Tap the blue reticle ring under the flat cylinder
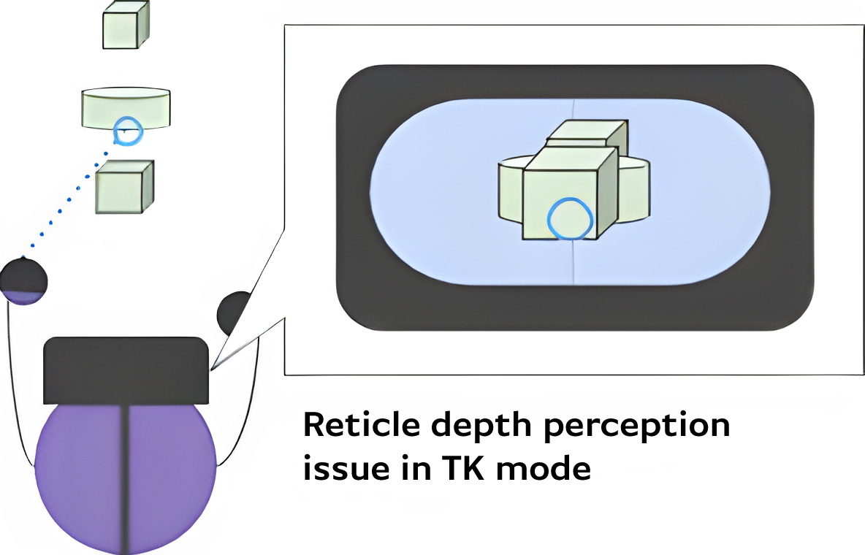pyautogui.click(x=126, y=133)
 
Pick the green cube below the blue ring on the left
pyautogui.click(x=124, y=187)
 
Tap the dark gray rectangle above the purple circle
pyautogui.click(x=126, y=371)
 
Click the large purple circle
pyautogui.click(x=80, y=475)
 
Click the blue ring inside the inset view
pyautogui.click(x=571, y=219)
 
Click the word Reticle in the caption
pyautogui.click(x=361, y=424)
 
